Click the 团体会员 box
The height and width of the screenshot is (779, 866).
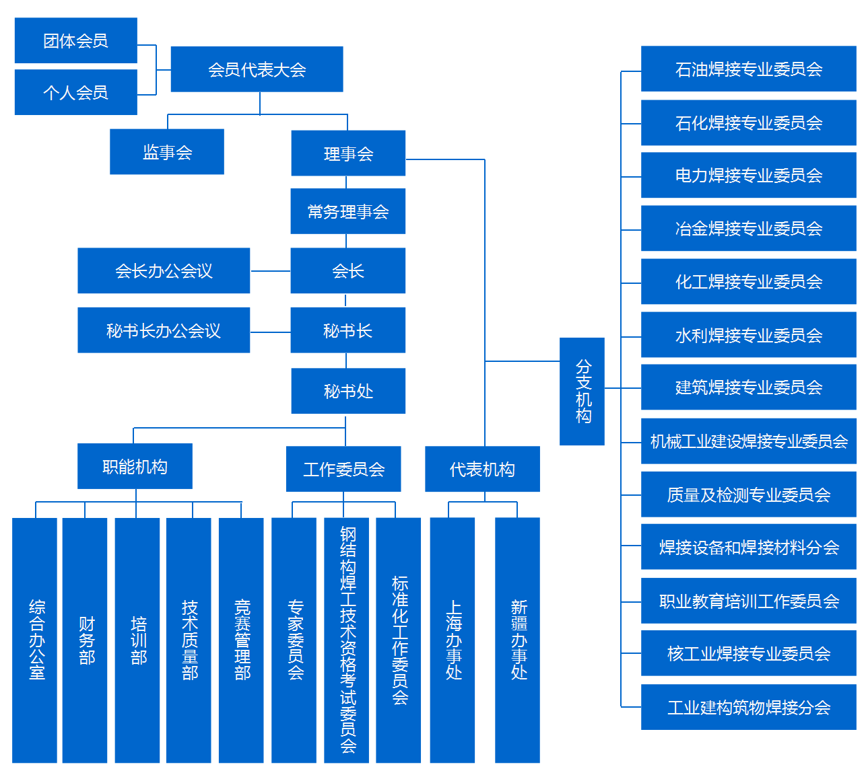[x=75, y=41]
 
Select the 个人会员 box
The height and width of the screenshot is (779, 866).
[x=75, y=92]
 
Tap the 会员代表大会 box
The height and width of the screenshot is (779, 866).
[x=257, y=69]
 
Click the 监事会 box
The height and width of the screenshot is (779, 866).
[x=167, y=152]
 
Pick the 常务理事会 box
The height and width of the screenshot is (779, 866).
[x=347, y=212]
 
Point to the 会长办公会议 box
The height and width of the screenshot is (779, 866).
[x=164, y=271]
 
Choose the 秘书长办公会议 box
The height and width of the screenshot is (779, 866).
[x=164, y=330]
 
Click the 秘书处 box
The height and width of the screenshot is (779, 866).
[x=347, y=391]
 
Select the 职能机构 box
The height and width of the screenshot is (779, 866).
[x=135, y=466]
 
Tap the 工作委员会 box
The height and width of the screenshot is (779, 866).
[x=343, y=469]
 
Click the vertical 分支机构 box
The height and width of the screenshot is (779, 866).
[x=582, y=392]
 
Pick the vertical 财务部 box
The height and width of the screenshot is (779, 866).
[x=85, y=640]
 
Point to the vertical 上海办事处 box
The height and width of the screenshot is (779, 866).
[x=453, y=640]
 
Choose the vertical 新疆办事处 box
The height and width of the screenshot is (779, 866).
[x=517, y=640]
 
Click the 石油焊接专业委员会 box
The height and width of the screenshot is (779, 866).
[x=748, y=69]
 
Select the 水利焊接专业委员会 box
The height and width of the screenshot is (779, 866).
[x=748, y=335]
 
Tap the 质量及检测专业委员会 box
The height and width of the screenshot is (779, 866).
[x=748, y=494]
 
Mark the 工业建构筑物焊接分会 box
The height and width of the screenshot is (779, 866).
[x=748, y=707]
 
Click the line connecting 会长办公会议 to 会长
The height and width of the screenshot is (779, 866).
[x=270, y=271]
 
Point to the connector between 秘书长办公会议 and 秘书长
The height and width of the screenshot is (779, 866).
[x=270, y=332]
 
